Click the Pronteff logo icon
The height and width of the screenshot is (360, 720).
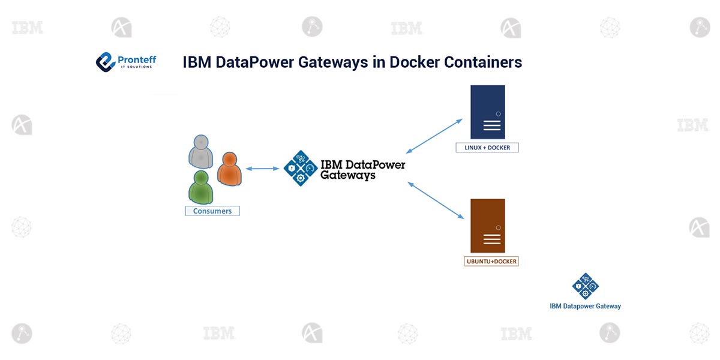[106, 62]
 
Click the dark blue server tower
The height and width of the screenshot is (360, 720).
[487, 112]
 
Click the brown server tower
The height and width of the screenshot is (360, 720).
[487, 226]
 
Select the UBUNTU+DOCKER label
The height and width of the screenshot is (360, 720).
[491, 262]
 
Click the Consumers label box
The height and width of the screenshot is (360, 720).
[212, 211]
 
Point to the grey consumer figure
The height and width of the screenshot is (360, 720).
[200, 152]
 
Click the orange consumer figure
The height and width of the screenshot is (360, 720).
[229, 170]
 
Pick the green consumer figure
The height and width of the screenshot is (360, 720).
[200, 187]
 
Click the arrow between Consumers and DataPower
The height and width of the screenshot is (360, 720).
[262, 169]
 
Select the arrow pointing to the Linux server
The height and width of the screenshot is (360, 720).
[434, 136]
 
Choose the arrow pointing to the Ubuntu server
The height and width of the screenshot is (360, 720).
[437, 200]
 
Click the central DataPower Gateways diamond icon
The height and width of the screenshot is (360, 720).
[300, 169]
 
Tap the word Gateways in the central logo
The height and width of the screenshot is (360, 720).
[348, 176]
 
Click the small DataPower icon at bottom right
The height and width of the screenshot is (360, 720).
[585, 286]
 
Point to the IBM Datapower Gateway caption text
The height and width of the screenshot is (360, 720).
[585, 306]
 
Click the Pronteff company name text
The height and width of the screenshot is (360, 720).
[137, 59]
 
